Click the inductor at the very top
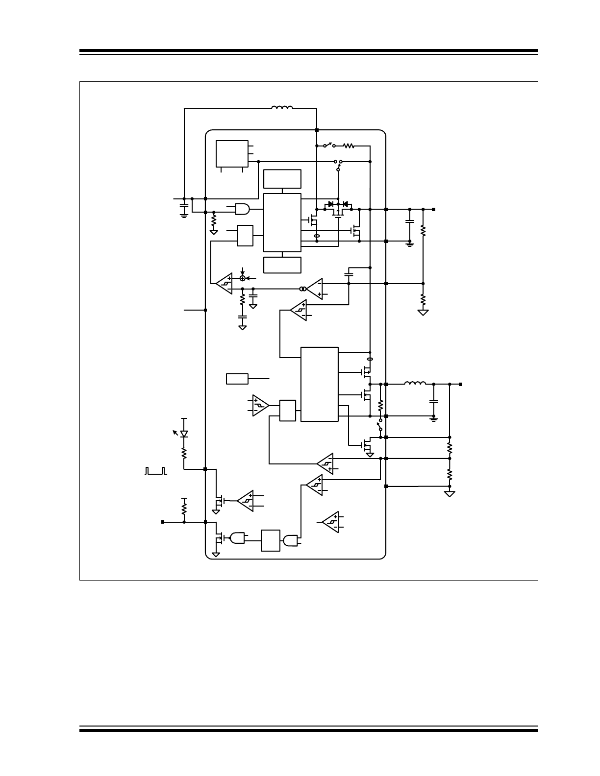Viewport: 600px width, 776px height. [x=282, y=108]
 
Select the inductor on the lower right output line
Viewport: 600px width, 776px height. [x=415, y=384]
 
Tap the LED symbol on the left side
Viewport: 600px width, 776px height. [x=184, y=434]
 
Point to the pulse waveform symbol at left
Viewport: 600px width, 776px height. [x=155, y=471]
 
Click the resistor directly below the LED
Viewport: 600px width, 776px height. [x=184, y=453]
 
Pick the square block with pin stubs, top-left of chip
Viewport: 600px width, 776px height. [x=232, y=154]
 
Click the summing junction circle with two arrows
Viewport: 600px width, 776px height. [x=242, y=278]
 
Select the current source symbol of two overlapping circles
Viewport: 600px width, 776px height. [x=303, y=289]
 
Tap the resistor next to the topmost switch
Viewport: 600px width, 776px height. [x=349, y=145]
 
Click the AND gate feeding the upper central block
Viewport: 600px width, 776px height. [x=242, y=209]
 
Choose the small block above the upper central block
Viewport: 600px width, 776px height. [x=282, y=179]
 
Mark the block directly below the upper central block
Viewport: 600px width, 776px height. [x=282, y=265]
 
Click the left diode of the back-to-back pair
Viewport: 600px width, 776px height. [x=331, y=204]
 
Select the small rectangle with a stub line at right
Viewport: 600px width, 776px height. [x=237, y=379]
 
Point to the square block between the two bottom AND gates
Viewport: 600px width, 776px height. [x=271, y=540]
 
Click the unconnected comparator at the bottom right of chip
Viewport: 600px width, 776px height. [x=331, y=522]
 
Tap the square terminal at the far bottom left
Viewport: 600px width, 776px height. [x=163, y=522]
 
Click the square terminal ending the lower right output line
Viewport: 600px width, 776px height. [x=460, y=384]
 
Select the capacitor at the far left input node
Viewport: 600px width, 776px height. [x=184, y=208]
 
